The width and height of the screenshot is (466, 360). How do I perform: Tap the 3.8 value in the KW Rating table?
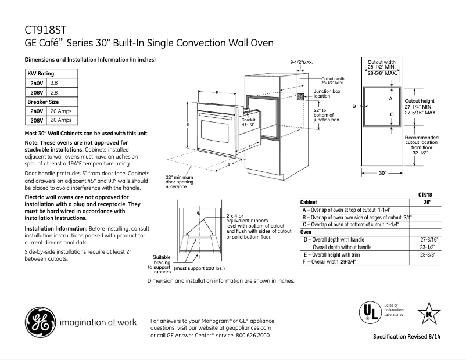pos(55,84)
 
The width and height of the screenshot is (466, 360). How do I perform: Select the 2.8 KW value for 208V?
pos(55,92)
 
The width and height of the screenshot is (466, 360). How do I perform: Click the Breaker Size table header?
pos(44,102)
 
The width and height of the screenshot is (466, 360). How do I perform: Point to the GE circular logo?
pos(40,322)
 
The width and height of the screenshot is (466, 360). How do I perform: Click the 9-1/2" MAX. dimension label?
pos(302,62)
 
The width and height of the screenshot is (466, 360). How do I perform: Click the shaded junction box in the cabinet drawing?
pos(301,96)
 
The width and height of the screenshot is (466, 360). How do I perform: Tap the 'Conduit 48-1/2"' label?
pos(249,122)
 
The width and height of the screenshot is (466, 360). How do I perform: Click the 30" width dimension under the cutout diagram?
pos(382,172)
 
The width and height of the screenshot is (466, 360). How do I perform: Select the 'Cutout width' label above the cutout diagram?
pos(382,62)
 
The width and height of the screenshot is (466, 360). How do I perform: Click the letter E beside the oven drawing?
pos(188,124)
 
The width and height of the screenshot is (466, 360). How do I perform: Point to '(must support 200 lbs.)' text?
pos(199,269)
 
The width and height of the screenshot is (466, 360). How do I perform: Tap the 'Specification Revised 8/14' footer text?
pos(410,337)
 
